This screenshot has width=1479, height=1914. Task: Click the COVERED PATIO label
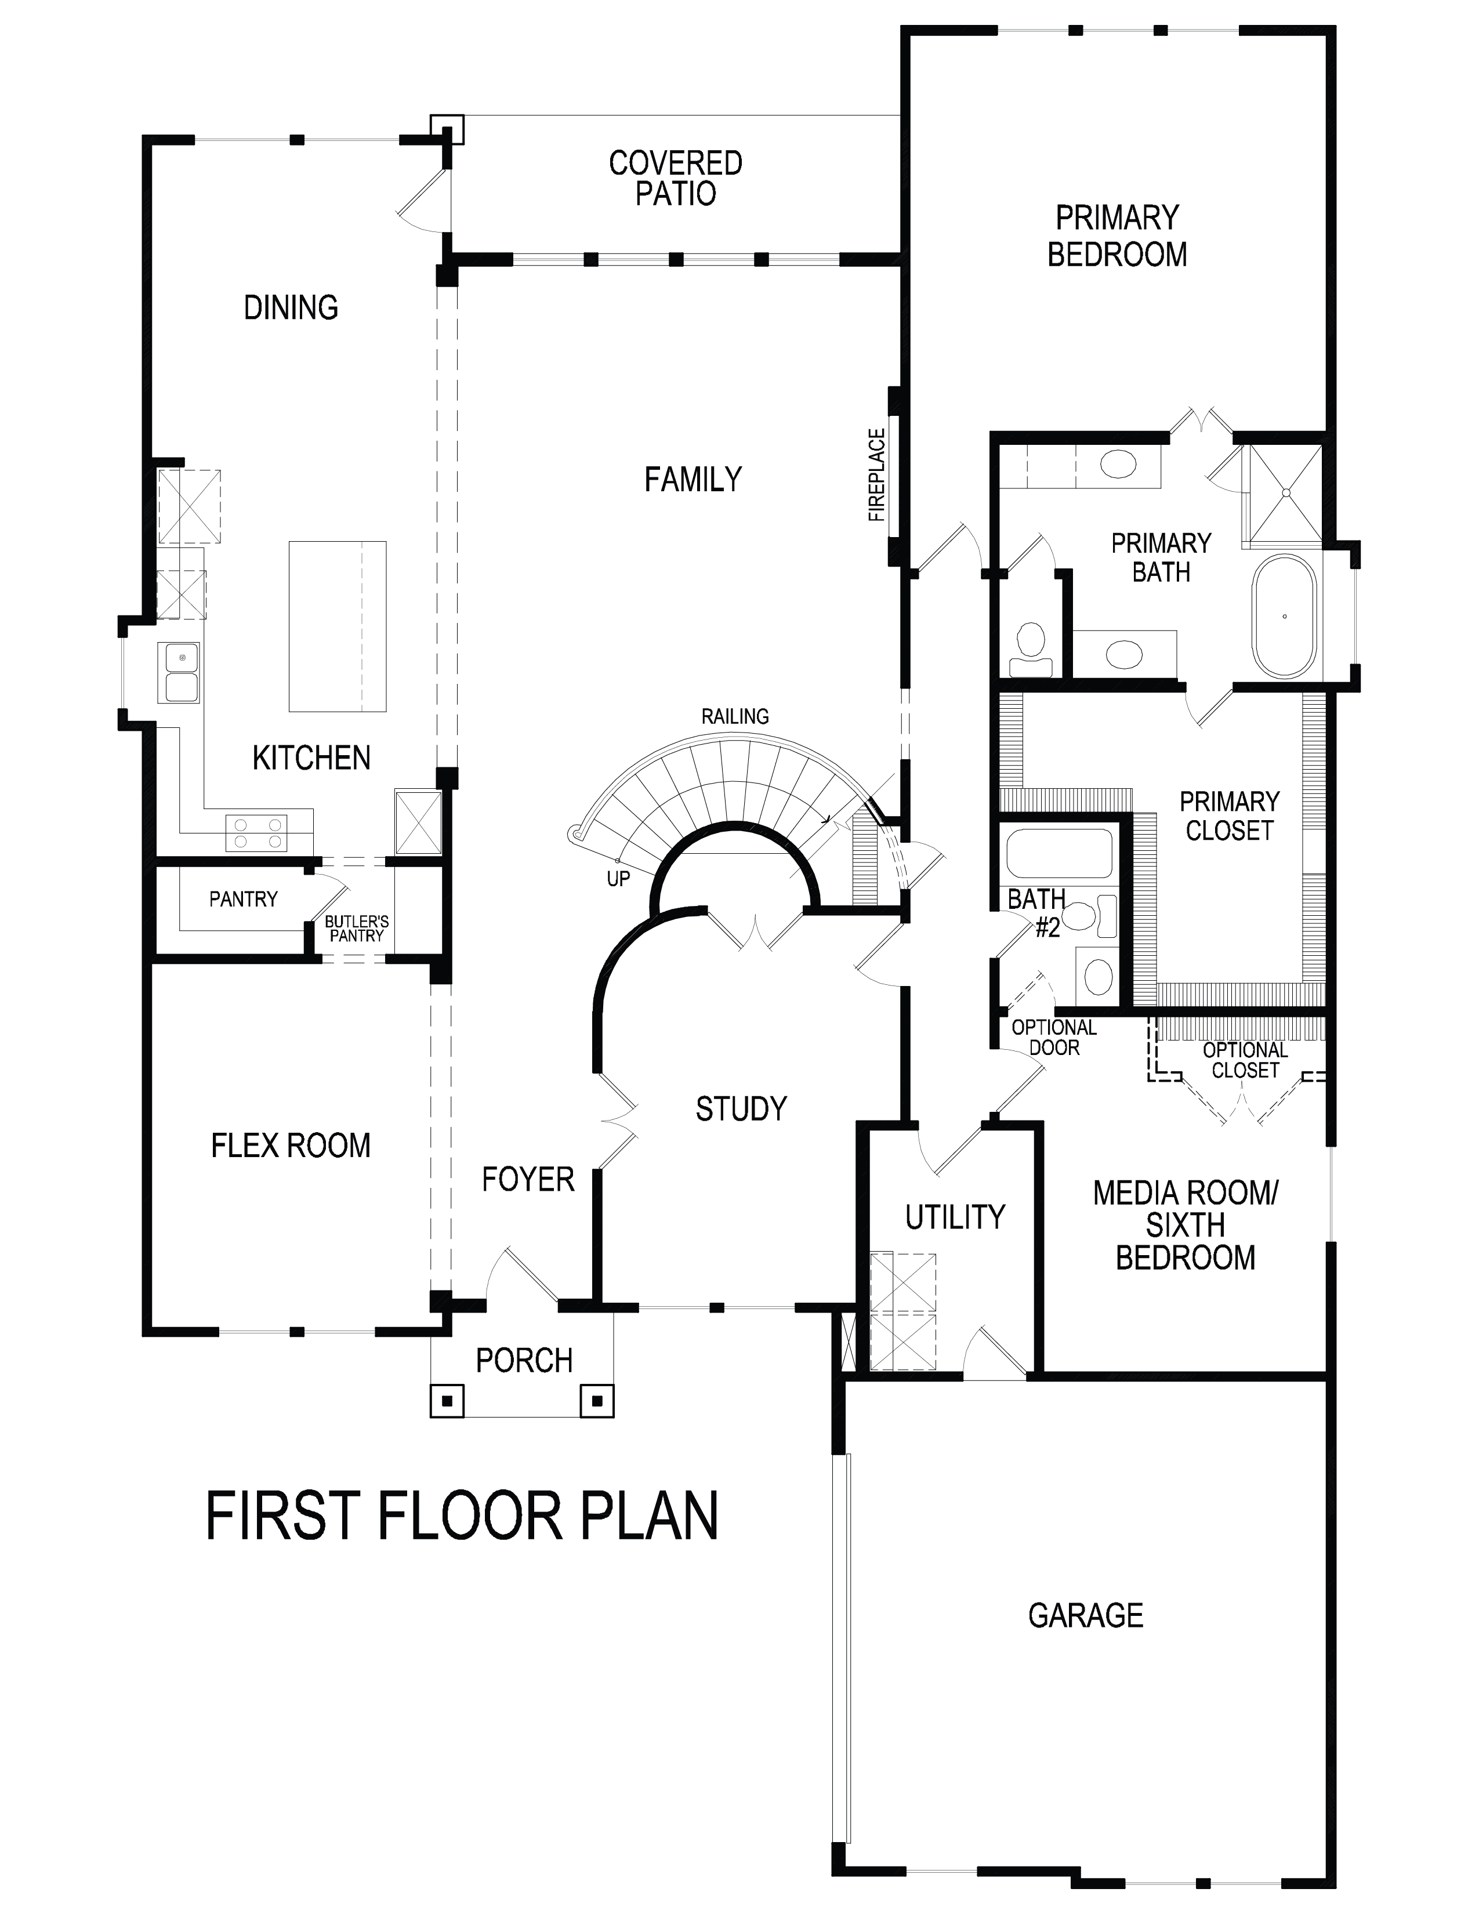(676, 178)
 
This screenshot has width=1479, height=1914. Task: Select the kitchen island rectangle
(338, 626)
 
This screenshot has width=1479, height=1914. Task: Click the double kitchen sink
(179, 672)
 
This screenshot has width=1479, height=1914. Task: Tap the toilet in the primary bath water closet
(1031, 650)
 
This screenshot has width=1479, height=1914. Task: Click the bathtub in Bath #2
(1059, 853)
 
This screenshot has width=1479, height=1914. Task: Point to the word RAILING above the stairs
(735, 716)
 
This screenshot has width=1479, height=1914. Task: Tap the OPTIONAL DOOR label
(1054, 1038)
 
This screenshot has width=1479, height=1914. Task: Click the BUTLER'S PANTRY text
(357, 929)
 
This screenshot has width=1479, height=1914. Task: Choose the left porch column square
(447, 1401)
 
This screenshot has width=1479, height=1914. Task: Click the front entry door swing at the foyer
(522, 1277)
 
